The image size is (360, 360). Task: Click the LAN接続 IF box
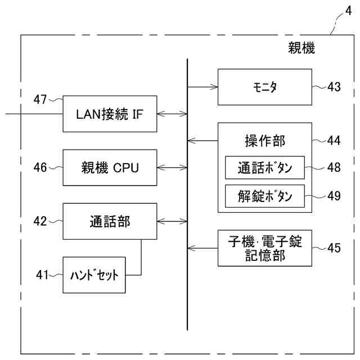(x=110, y=113)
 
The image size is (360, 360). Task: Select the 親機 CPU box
(x=110, y=167)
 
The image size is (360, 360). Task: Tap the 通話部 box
(x=110, y=221)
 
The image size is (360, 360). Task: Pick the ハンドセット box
(x=94, y=275)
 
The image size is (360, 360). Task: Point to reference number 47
(x=39, y=100)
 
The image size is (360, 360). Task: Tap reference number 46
(x=39, y=167)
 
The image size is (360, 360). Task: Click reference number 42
(x=39, y=221)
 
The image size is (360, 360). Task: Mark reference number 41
(x=39, y=275)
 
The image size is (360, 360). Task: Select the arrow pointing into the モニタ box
(x=202, y=87)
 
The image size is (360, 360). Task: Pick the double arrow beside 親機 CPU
(x=173, y=167)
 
